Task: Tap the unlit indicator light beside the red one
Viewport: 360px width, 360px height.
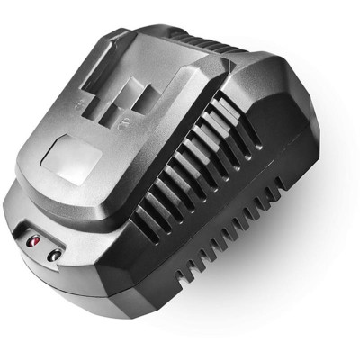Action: [x=54, y=255]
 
